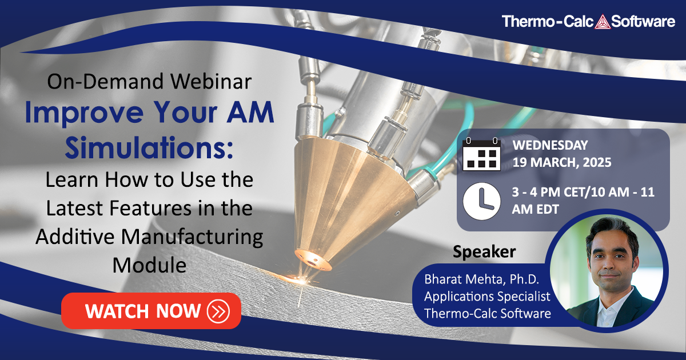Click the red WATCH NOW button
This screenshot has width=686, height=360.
[151, 311]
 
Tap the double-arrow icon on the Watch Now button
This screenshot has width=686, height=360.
[218, 311]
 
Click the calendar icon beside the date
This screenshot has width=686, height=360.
[481, 154]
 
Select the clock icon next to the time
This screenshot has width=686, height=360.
[481, 201]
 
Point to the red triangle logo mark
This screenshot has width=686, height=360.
[603, 22]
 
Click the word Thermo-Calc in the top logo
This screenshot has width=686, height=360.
[548, 22]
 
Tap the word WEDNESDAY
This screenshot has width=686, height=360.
[550, 145]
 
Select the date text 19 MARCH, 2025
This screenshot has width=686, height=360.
[561, 162]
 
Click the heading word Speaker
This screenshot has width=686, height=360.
[484, 252]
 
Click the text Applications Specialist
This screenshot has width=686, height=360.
[487, 297]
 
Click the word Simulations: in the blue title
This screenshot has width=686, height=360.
[149, 148]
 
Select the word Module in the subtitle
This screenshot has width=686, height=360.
[149, 265]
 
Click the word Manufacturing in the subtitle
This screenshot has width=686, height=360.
[192, 237]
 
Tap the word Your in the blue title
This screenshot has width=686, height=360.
[186, 113]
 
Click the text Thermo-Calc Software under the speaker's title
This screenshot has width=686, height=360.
[487, 313]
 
